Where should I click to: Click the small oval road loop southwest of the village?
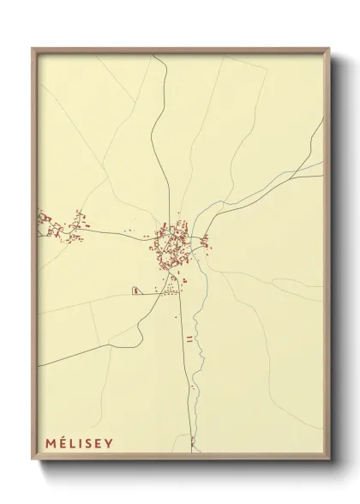[x=135, y=291]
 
